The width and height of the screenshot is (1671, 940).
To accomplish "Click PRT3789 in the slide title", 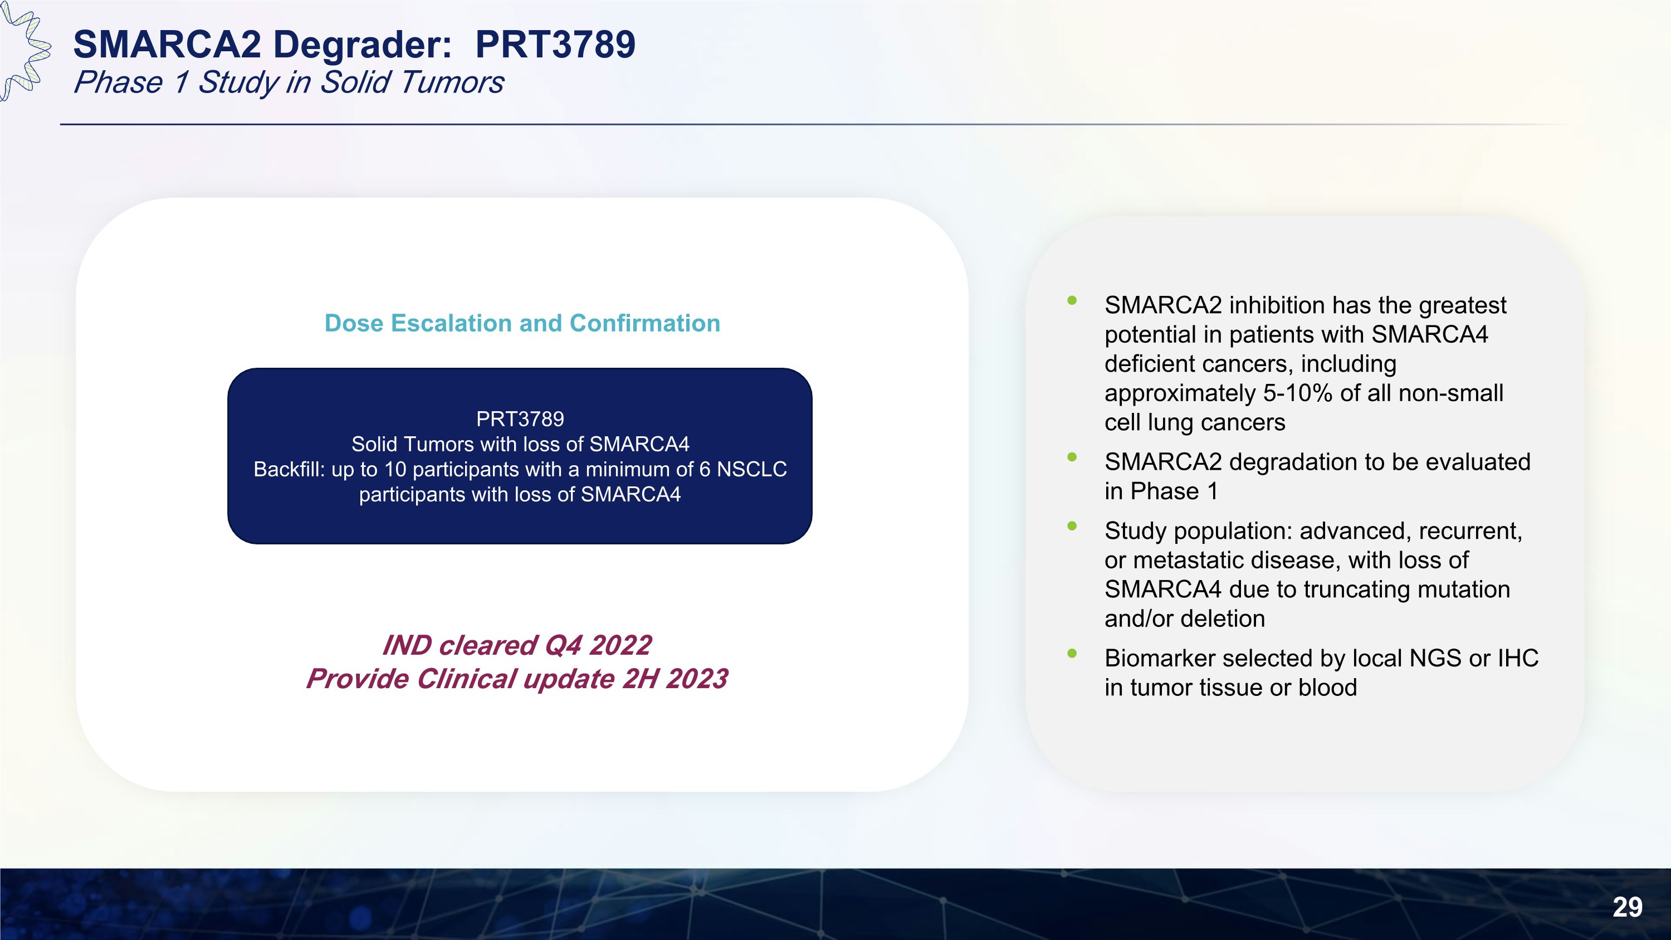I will (555, 45).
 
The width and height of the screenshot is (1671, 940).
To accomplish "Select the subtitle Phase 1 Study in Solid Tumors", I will (289, 82).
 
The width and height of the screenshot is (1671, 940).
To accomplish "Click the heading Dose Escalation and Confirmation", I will (522, 323).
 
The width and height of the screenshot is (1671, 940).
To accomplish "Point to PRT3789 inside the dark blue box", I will (520, 419).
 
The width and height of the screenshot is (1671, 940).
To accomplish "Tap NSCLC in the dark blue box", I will (751, 469).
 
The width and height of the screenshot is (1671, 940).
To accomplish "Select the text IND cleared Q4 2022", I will (517, 645).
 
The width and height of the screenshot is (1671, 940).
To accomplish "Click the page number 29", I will (1627, 907).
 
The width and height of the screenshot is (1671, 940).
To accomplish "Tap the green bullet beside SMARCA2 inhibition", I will (1072, 300).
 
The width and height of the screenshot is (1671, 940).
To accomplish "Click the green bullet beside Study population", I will (1072, 526).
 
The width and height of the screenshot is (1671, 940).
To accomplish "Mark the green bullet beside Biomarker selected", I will (1072, 653).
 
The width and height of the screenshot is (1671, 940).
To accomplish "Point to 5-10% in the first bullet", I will (1292, 393).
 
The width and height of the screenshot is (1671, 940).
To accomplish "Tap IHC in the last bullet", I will (1517, 658).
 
